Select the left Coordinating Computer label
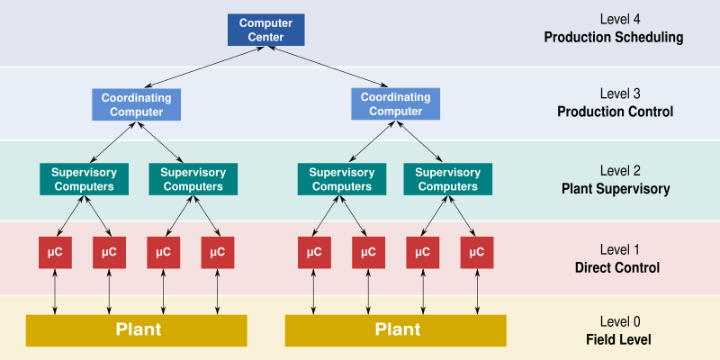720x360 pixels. [x=136, y=104]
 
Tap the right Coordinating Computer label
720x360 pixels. [x=395, y=104]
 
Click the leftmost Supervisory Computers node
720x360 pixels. [x=83, y=179]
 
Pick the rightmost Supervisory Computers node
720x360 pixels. [x=448, y=179]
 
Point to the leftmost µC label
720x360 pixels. [x=55, y=252]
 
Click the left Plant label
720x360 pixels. [x=138, y=329]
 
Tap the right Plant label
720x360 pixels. [x=397, y=329]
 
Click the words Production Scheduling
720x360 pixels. [x=614, y=38]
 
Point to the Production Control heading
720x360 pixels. [x=615, y=112]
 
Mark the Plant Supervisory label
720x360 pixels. [x=615, y=189]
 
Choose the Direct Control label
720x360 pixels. [x=616, y=267]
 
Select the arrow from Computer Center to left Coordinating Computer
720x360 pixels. [x=198, y=67]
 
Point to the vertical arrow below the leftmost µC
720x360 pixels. [x=55, y=291]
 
